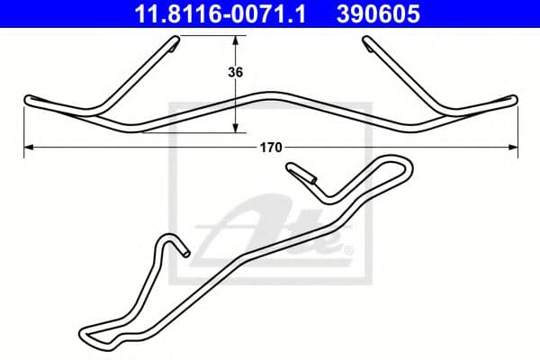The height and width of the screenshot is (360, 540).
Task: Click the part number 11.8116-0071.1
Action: [221, 13]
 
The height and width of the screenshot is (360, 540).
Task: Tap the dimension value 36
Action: [237, 73]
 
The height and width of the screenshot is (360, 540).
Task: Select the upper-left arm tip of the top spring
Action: [171, 41]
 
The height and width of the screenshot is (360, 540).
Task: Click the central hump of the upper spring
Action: [270, 94]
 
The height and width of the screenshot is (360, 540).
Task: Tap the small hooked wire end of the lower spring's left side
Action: [183, 253]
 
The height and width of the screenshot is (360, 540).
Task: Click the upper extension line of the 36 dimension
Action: [216, 36]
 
